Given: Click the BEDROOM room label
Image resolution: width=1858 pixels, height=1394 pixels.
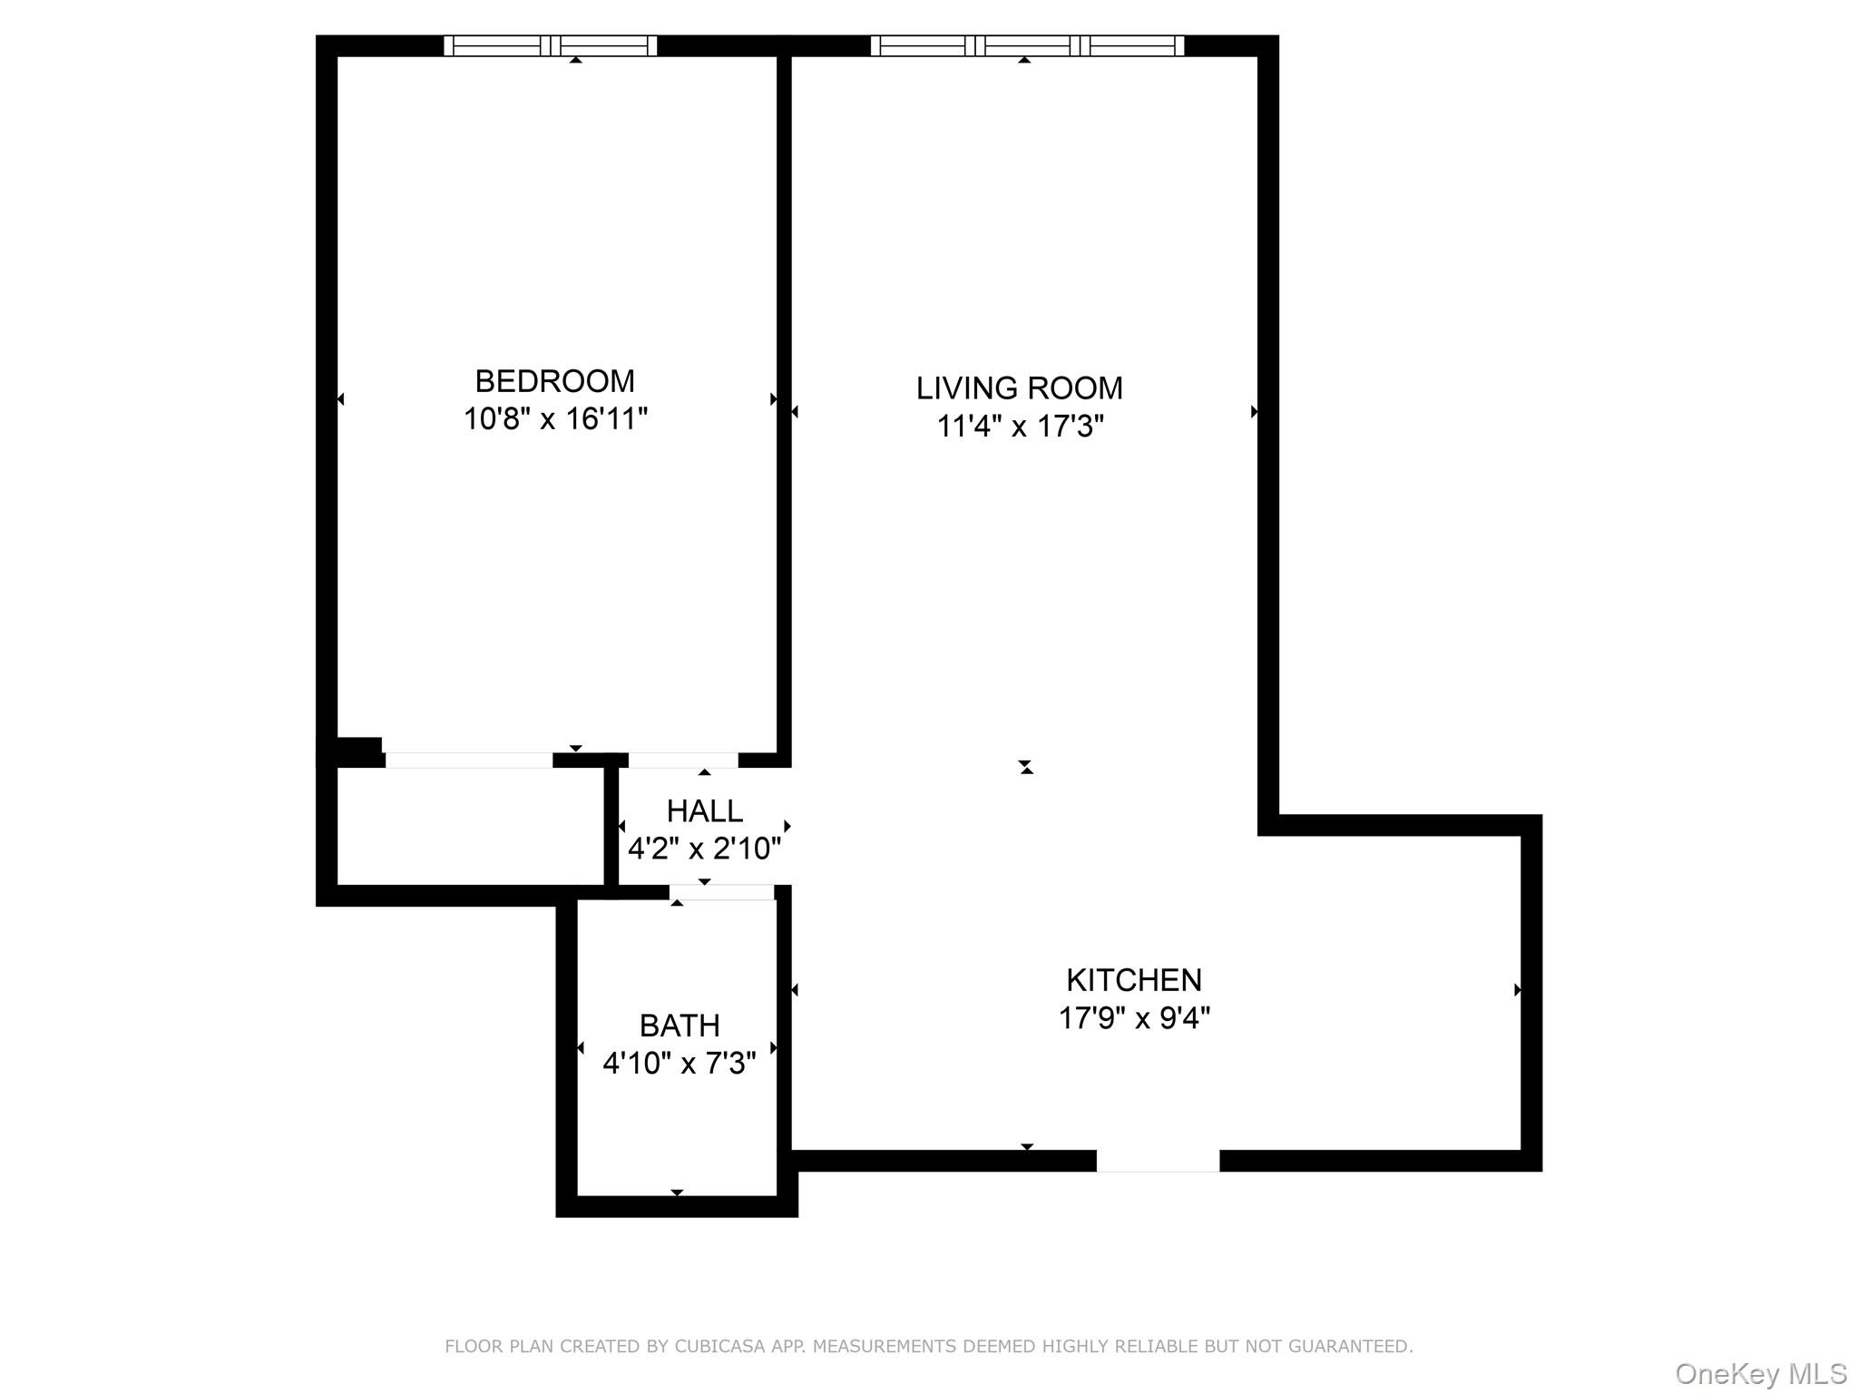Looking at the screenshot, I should [x=554, y=380].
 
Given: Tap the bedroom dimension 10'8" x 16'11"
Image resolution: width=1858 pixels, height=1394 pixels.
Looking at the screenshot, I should [x=555, y=419].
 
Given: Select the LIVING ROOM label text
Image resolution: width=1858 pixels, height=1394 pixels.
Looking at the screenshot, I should [x=1019, y=388].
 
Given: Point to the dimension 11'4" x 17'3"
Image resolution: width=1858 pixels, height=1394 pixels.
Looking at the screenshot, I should [x=1020, y=427].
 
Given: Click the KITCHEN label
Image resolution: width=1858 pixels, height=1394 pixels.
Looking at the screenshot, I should [x=1133, y=980].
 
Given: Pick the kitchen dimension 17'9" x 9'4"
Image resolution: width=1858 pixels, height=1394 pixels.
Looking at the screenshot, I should [x=1134, y=1018].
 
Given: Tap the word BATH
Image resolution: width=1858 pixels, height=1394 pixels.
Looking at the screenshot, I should [x=680, y=1026].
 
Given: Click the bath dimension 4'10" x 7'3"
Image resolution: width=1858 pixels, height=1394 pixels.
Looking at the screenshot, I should [x=679, y=1064].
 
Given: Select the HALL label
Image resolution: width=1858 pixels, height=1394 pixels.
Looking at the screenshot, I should [x=704, y=810].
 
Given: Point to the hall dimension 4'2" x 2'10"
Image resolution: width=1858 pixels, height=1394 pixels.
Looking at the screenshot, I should [x=704, y=849].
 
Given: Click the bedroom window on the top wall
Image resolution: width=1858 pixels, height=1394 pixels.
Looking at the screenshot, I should [x=550, y=45].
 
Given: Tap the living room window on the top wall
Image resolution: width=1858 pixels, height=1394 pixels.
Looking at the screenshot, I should [x=1027, y=45].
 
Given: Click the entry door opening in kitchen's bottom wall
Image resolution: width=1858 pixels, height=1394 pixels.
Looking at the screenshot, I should [x=1158, y=1161].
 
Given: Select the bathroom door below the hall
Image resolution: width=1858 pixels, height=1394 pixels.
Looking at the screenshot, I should [x=722, y=893].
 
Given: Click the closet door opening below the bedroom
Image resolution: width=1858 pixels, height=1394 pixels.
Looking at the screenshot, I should [x=468, y=761].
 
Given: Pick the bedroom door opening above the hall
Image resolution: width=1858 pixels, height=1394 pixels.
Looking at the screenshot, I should [x=683, y=761].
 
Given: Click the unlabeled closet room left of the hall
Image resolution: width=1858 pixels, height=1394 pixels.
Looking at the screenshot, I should [x=471, y=826].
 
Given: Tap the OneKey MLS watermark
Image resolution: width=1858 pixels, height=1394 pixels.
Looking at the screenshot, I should [x=1760, y=1374].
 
